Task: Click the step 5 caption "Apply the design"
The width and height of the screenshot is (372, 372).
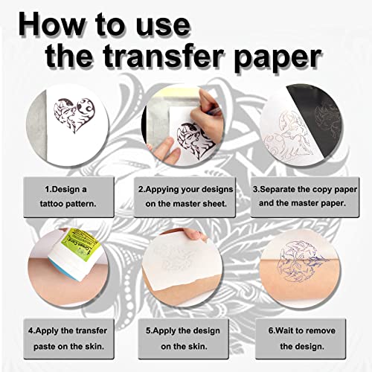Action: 185,327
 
